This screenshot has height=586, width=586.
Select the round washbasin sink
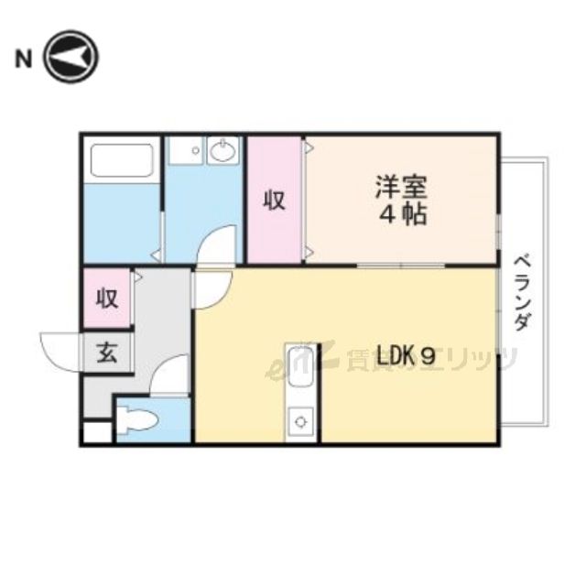(222, 150)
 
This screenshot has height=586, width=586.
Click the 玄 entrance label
(107, 353)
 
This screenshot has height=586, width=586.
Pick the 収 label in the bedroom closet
(275, 200)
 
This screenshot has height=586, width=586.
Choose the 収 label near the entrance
(107, 298)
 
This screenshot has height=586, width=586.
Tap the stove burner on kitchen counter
(299, 422)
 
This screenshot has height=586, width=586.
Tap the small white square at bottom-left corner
(94, 433)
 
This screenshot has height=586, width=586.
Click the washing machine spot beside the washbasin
(187, 151)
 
